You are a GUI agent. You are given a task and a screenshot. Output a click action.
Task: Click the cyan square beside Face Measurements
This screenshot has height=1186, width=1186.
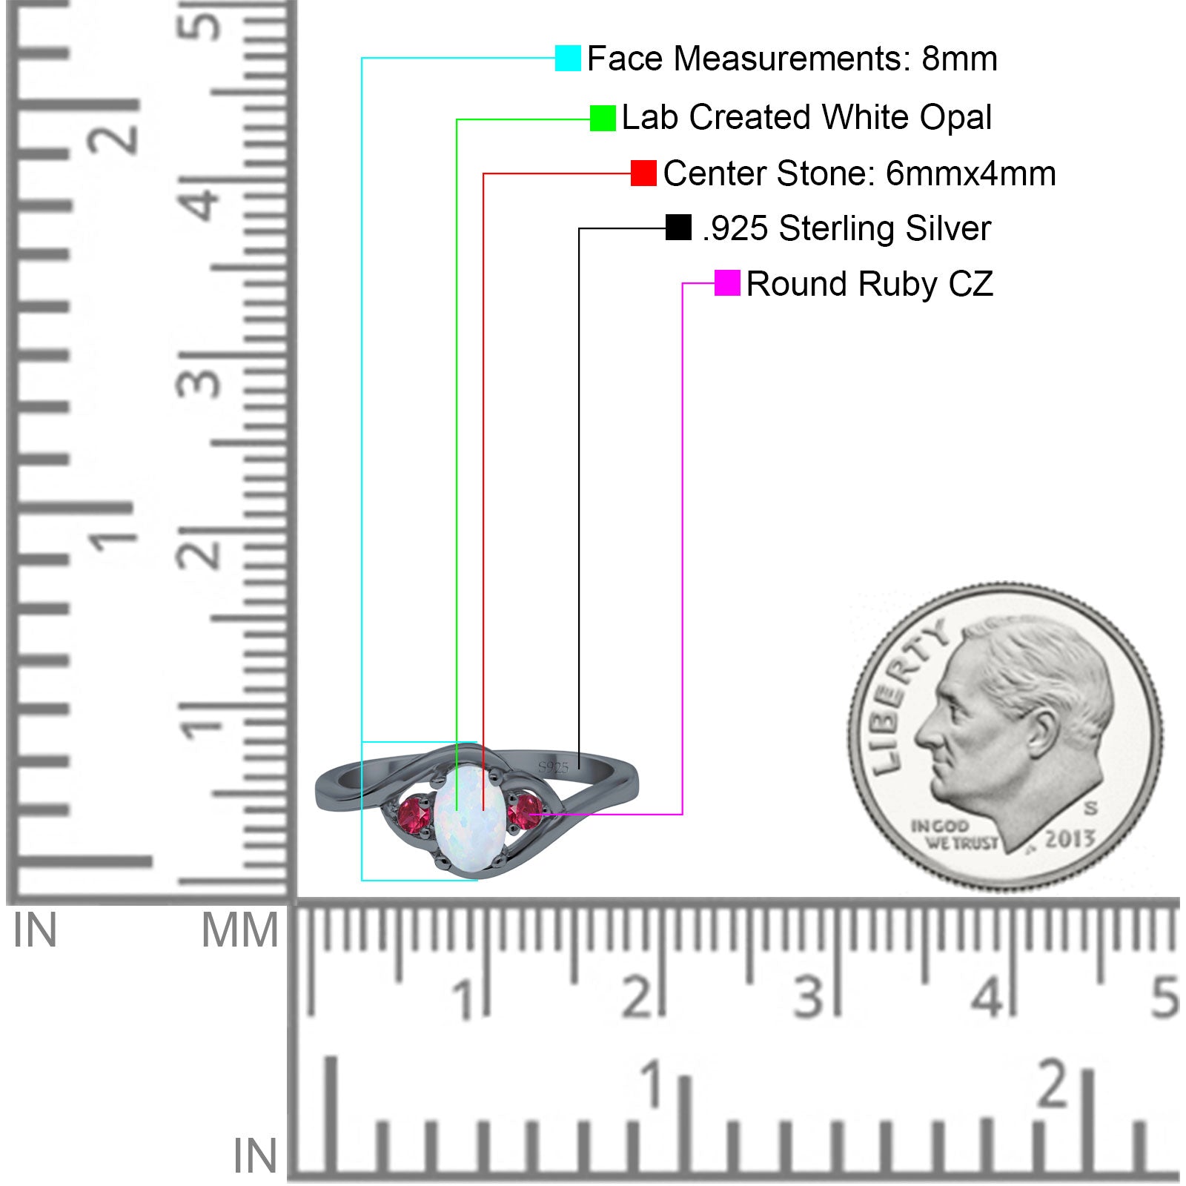click(x=568, y=58)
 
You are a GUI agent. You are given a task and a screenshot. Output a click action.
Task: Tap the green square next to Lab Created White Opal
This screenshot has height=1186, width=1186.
click(x=603, y=118)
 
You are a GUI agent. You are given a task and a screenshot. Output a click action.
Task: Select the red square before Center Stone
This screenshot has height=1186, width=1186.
click(x=643, y=173)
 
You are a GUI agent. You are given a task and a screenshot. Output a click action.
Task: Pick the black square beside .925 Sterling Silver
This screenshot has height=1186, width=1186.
click(x=678, y=228)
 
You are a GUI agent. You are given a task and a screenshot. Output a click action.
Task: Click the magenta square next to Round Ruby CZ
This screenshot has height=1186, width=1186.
click(x=727, y=283)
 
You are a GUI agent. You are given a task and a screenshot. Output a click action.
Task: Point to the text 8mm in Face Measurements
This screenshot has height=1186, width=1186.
click(x=959, y=59)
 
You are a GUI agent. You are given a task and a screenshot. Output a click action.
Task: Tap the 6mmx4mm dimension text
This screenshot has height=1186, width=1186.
click(x=970, y=174)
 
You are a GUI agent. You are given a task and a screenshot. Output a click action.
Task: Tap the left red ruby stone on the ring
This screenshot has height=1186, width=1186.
click(x=414, y=817)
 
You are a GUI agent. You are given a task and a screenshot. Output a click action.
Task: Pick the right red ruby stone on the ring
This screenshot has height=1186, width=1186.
click(x=525, y=812)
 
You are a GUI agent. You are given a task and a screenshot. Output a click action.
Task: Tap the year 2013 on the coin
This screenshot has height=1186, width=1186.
click(x=1070, y=839)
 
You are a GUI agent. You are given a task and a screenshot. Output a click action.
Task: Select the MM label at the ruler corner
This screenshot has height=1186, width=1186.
click(x=239, y=931)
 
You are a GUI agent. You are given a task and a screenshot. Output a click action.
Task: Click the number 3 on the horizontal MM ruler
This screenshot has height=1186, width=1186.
click(x=808, y=997)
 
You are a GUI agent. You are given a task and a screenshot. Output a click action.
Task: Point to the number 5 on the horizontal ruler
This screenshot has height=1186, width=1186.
click(x=1165, y=997)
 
